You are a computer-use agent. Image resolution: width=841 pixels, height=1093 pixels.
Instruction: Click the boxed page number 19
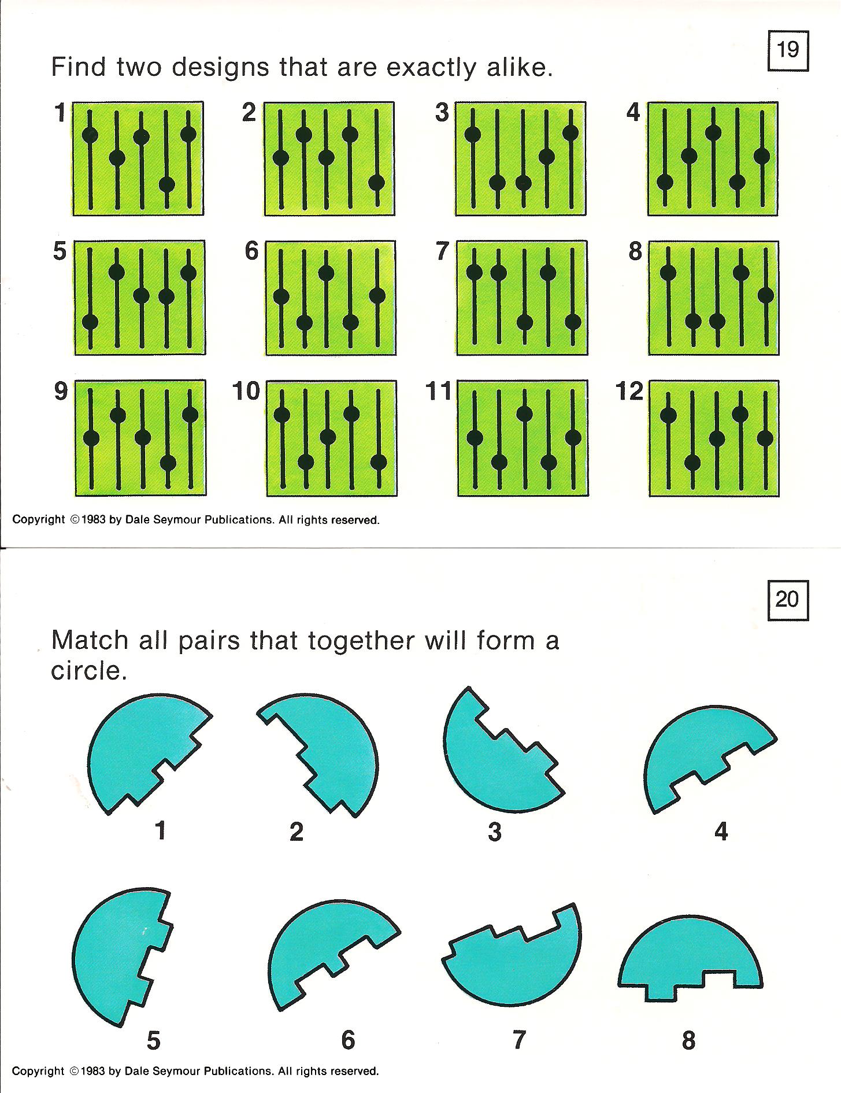pos(788,51)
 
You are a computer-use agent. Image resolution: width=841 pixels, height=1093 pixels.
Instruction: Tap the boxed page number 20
pos(788,602)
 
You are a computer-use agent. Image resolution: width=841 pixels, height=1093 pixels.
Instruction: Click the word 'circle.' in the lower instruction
pos(89,670)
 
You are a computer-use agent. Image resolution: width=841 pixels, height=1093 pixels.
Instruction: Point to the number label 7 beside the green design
pos(443,251)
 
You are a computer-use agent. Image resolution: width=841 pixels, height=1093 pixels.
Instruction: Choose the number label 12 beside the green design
pos(630,391)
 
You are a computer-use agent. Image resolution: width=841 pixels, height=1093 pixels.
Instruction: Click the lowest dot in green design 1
pos(166,184)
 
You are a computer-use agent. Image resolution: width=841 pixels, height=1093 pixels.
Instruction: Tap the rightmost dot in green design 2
pos(376,183)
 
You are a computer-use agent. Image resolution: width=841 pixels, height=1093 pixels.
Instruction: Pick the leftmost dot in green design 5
pos(90,322)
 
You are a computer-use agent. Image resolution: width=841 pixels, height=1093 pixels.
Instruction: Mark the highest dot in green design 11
pos(524,413)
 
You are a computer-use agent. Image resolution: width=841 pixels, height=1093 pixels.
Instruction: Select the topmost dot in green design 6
pos(326,273)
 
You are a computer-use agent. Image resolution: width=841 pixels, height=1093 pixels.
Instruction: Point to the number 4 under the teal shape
pos(721,831)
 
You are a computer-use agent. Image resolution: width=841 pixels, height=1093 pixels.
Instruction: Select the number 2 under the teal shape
pos(297,831)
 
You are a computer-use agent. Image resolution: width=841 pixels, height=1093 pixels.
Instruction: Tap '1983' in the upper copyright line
pos(94,520)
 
